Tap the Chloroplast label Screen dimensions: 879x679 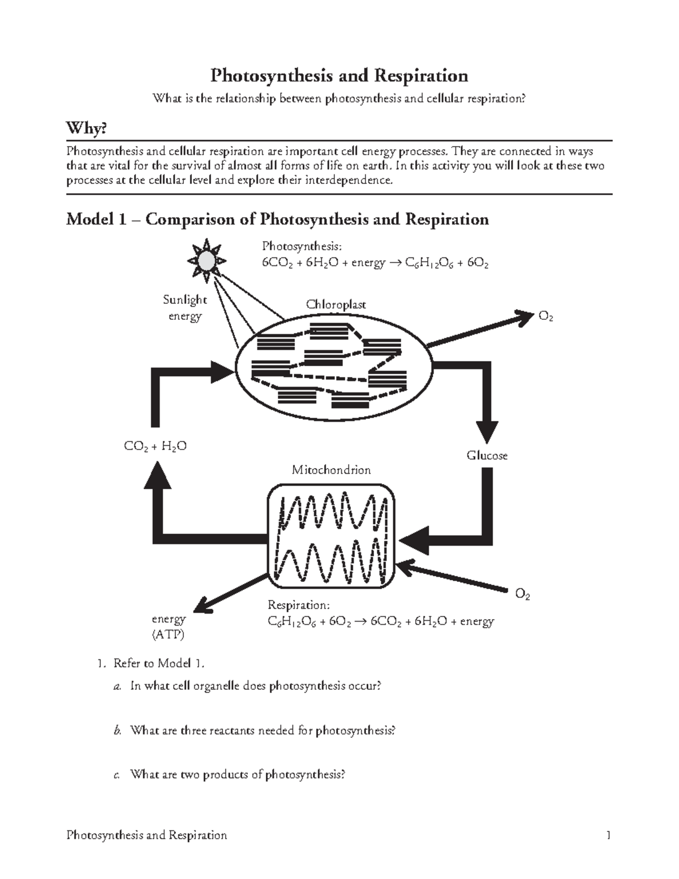point(336,305)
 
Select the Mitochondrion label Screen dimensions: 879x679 point(331,470)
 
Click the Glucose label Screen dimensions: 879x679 point(487,456)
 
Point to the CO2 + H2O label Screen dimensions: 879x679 point(155,447)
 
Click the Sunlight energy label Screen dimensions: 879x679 point(185,307)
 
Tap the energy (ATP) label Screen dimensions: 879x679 point(168,627)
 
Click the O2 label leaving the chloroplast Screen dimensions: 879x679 point(545,317)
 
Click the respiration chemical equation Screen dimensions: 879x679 point(380,621)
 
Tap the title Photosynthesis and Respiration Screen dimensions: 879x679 point(339,75)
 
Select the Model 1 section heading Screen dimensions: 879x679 point(277,219)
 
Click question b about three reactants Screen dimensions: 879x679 point(262,730)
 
